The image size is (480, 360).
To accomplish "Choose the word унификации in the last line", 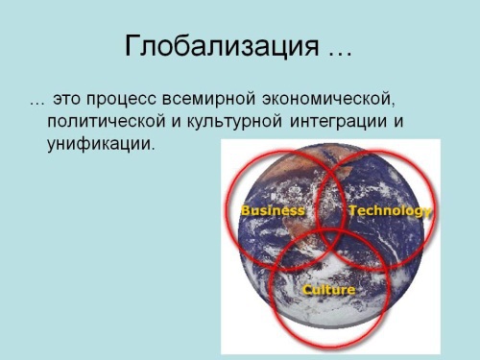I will (x=99, y=146).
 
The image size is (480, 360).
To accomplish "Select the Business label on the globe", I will (x=273, y=210).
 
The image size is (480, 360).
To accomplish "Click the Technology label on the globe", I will (x=389, y=210).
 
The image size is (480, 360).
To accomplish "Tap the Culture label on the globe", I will (x=328, y=289).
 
